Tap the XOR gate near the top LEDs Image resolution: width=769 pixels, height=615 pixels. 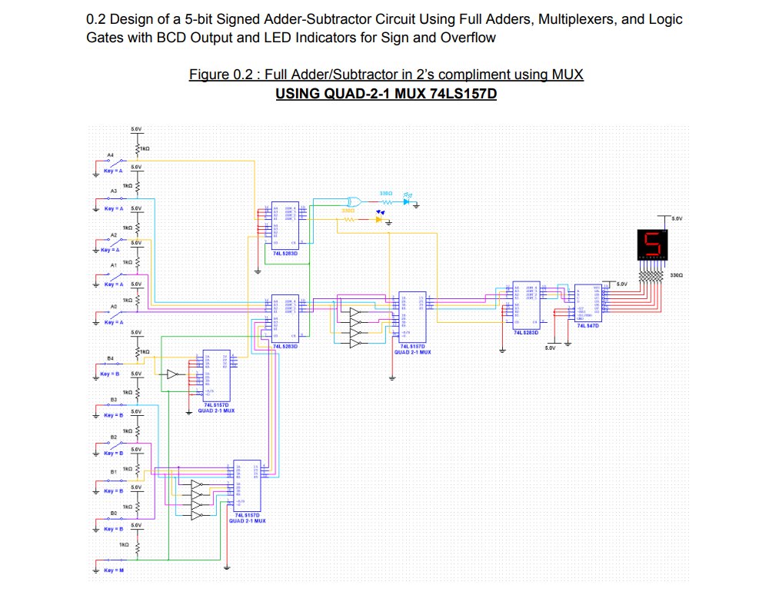pos(355,198)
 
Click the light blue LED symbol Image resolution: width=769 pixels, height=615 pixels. pos(405,201)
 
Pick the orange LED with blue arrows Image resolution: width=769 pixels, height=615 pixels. pos(378,219)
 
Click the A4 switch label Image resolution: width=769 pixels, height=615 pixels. pos(110,155)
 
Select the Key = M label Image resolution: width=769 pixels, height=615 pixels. pos(113,570)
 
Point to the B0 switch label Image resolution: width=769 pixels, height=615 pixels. pos(113,512)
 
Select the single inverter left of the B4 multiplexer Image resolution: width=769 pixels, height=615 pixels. pos(172,374)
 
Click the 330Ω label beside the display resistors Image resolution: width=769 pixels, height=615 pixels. pos(677,274)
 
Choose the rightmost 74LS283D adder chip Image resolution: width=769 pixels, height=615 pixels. pos(528,306)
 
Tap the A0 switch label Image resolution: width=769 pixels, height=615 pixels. pos(114,307)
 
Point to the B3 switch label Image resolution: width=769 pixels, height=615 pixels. pos(113,400)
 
